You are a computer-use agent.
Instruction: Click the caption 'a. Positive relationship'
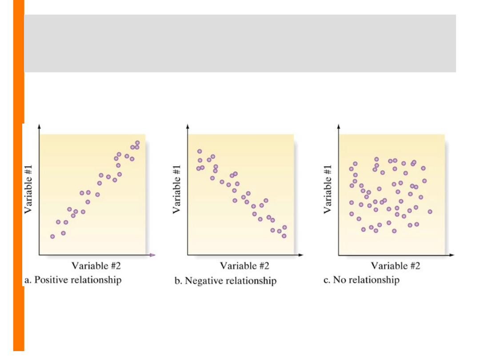click(72, 280)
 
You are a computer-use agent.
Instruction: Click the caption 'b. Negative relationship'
click(225, 281)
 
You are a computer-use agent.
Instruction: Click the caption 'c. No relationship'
click(361, 280)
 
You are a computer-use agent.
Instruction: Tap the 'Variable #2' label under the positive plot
click(96, 266)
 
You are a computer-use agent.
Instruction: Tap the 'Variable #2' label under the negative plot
click(245, 266)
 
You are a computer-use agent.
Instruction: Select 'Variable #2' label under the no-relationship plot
click(396, 266)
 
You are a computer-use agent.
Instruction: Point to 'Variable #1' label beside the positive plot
click(29, 189)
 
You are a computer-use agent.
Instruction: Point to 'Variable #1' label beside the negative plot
click(177, 189)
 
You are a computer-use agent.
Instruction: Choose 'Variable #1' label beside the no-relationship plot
click(328, 189)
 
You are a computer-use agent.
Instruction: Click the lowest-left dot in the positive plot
click(52, 236)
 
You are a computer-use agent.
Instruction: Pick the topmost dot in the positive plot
click(137, 143)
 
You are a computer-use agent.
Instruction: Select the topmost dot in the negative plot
click(200, 152)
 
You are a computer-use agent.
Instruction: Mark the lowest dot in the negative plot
click(284, 236)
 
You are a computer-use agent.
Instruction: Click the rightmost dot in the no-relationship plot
click(430, 212)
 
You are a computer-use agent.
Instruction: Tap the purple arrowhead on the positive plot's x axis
click(152, 255)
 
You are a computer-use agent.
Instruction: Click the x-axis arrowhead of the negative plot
click(301, 255)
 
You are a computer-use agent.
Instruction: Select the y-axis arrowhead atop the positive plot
click(40, 127)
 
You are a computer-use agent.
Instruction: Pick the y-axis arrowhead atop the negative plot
click(188, 127)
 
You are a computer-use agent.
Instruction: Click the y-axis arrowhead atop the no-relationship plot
click(339, 127)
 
